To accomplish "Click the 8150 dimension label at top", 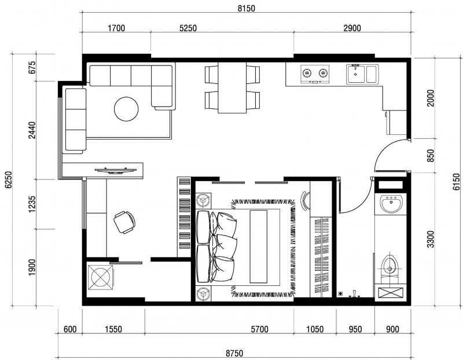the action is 247,8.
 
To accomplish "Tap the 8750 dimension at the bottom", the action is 234,353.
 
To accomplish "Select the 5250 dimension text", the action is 188,28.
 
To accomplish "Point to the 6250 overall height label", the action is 8,179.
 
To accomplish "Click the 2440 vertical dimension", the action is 32,130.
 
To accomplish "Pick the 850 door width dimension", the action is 431,156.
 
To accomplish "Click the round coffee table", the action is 126,109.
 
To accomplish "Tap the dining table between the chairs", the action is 232,88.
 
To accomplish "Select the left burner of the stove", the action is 307,72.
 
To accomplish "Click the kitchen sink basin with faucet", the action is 356,74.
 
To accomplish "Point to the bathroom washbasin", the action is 391,204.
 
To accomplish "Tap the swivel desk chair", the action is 124,222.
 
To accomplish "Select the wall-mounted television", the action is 116,170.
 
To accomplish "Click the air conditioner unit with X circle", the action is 100,277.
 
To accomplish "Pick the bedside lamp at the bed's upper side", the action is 203,201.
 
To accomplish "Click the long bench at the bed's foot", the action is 258,247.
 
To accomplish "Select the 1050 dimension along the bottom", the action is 315,329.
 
